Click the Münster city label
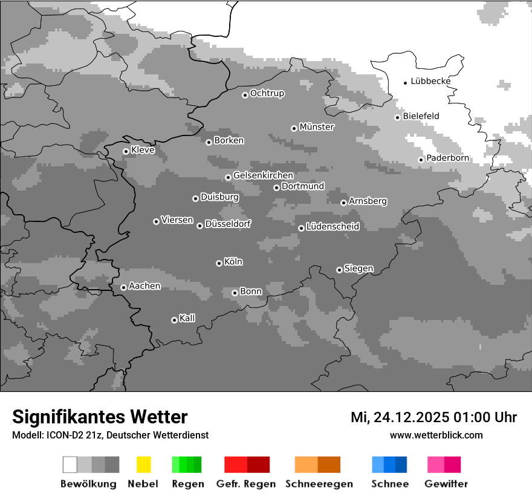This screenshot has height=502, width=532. click(317, 127)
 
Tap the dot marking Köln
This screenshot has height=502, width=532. click(219, 263)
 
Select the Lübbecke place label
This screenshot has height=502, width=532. click(430, 81)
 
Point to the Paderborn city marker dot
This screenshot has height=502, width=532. click(421, 160)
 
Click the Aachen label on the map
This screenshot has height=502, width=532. click(144, 286)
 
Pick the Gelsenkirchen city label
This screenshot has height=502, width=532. click(263, 175)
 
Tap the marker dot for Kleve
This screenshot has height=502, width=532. click(126, 151)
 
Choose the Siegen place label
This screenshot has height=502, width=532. click(358, 269)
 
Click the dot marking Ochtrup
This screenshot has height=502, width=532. click(245, 94)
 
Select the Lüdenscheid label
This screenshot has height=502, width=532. click(332, 227)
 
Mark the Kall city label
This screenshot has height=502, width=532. click(187, 318)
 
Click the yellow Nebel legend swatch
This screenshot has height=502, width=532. click(143, 465)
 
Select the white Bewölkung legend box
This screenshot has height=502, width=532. click(70, 465)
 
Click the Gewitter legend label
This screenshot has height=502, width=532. click(446, 484)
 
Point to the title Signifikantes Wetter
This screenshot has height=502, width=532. click(100, 417)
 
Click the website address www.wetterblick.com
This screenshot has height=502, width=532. click(436, 435)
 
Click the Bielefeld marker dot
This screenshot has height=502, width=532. click(397, 117)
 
